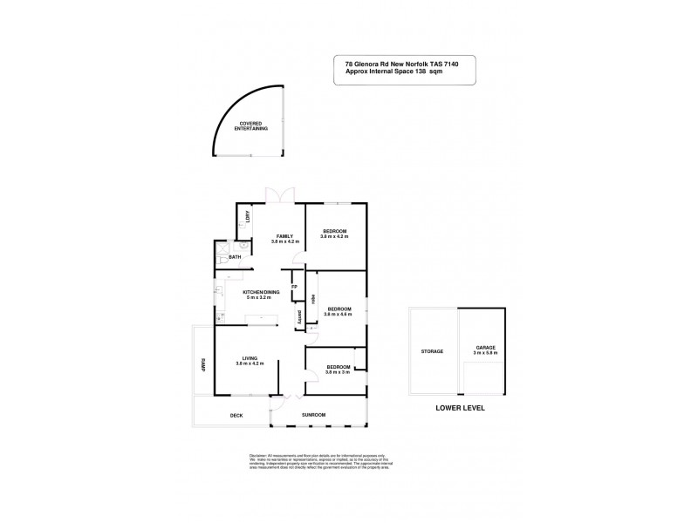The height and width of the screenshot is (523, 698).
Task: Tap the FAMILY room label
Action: coord(284,236)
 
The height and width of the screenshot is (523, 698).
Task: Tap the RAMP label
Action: coord(202,366)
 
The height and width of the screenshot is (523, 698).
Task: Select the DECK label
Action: coord(236,415)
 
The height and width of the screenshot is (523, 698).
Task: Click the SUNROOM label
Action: coord(313,415)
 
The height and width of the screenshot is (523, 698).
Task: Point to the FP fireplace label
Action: coord(294,286)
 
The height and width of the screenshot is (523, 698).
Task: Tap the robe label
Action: coord(311,296)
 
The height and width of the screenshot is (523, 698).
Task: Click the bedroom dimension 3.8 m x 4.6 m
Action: coord(339,314)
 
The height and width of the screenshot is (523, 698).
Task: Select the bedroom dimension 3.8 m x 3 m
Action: coord(338,371)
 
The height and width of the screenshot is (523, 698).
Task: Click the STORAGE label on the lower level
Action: coord(432,351)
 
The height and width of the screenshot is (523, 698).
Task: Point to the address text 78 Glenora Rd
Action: coord(364,63)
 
